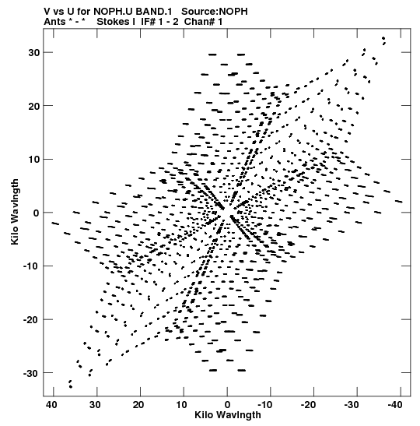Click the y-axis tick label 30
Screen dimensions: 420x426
coord(34,52)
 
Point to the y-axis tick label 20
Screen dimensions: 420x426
coord(34,106)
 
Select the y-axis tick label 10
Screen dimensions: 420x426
coord(34,159)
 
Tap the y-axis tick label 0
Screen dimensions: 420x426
coord(37,213)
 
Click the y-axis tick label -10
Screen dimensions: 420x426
coord(32,266)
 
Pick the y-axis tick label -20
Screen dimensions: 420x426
coord(32,319)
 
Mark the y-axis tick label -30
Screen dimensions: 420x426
coord(32,373)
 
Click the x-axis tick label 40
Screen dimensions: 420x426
coord(51,405)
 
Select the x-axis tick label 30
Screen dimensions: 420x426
coord(95,405)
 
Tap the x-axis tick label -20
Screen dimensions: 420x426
coord(309,405)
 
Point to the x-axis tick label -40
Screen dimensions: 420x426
coord(395,405)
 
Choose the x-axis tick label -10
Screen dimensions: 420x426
coord(265,405)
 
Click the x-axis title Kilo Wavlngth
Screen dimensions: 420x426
coord(228,415)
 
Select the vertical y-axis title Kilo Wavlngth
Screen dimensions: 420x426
coord(15,212)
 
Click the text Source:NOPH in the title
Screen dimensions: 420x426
coord(215,12)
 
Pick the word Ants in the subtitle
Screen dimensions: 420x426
coord(54,22)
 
